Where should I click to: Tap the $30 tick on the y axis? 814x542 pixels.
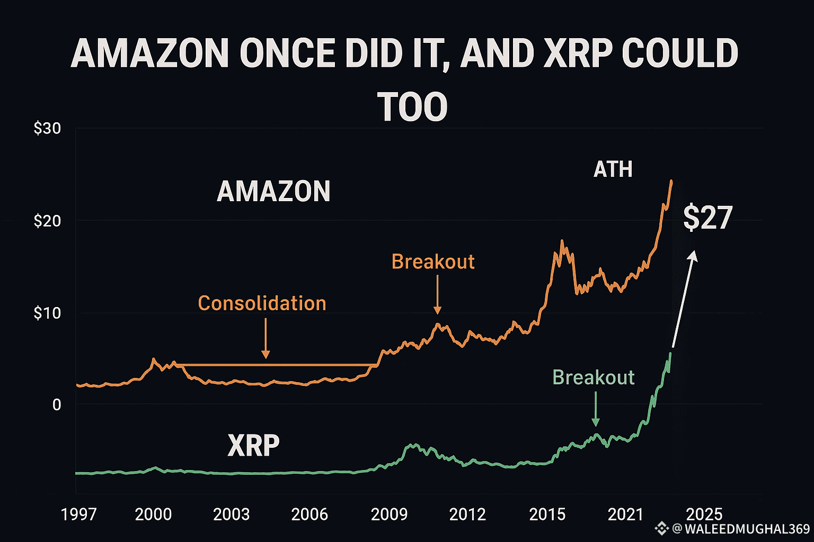pyautogui.click(x=47, y=129)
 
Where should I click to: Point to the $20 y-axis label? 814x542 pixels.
pyautogui.click(x=47, y=221)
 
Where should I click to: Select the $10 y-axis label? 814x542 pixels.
pyautogui.click(x=47, y=313)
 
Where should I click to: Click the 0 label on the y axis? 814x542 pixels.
pyautogui.click(x=56, y=405)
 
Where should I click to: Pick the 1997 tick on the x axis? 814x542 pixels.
pyautogui.click(x=79, y=514)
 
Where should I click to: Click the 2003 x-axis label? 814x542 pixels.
pyautogui.click(x=231, y=514)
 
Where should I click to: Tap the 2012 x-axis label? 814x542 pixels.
pyautogui.click(x=467, y=514)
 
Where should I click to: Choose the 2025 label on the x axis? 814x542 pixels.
pyautogui.click(x=704, y=514)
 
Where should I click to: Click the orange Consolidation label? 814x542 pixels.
pyautogui.click(x=262, y=303)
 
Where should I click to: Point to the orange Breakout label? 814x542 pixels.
pyautogui.click(x=433, y=261)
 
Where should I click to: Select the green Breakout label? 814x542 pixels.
pyautogui.click(x=593, y=377)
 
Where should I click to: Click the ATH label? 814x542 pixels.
pyautogui.click(x=613, y=169)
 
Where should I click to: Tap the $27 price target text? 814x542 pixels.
pyautogui.click(x=707, y=218)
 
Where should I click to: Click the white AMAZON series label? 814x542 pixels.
pyautogui.click(x=273, y=192)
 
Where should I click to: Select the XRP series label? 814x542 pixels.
pyautogui.click(x=253, y=446)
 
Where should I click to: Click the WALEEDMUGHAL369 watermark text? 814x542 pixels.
pyautogui.click(x=747, y=528)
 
